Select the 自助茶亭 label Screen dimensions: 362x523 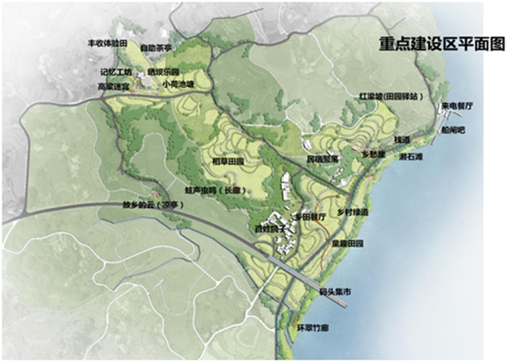pos(156,48)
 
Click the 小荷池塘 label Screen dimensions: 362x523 pos(178,83)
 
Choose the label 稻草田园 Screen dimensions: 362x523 pos(228,161)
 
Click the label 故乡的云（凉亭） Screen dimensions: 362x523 pos(150,205)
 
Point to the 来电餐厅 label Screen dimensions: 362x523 pos(458,107)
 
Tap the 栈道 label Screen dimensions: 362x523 pos(400,141)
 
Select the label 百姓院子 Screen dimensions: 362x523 pos(270,230)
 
